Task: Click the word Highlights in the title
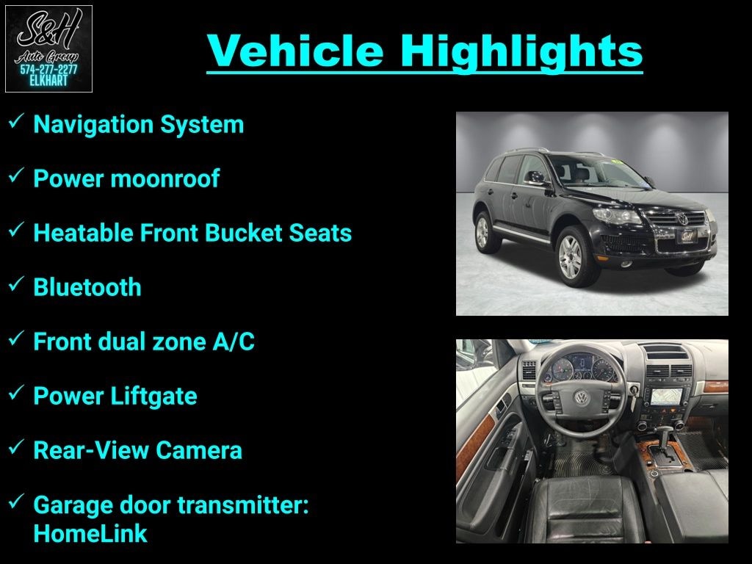(521, 51)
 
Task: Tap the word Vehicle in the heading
(295, 51)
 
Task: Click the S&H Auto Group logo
(48, 48)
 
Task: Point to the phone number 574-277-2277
(48, 70)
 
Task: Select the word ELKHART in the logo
(48, 81)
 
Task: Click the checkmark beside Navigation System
(16, 121)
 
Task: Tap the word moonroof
(165, 178)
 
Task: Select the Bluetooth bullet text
(87, 287)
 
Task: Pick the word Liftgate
(154, 396)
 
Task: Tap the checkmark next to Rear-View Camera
(16, 447)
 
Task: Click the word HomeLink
(90, 533)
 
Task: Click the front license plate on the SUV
(687, 236)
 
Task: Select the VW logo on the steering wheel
(582, 397)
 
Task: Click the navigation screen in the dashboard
(667, 396)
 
